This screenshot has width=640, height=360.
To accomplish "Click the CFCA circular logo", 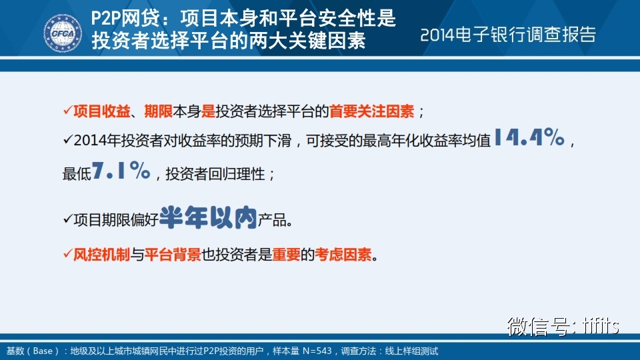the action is [x=63, y=33].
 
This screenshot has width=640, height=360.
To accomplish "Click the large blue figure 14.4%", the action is [x=529, y=137].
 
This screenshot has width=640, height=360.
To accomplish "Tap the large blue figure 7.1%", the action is [x=121, y=170].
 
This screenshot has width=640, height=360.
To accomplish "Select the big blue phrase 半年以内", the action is [x=208, y=217].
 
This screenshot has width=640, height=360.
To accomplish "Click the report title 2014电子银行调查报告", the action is [x=508, y=35].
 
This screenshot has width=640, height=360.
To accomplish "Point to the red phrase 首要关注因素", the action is [x=371, y=111].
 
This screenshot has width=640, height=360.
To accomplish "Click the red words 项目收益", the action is [x=101, y=111].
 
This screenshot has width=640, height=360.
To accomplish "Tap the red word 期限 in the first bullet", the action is [x=159, y=111].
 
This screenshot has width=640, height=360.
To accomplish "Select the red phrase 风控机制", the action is [x=101, y=255].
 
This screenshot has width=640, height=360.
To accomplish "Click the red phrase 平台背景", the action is [x=173, y=255].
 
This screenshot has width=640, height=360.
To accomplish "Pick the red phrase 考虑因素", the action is [x=343, y=255].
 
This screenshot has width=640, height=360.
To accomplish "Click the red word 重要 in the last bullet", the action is [x=286, y=255].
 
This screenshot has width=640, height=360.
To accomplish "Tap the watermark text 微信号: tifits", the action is [x=563, y=326].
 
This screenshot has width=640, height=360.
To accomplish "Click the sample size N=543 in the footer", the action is [x=317, y=351].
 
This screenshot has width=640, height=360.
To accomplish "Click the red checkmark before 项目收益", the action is [x=68, y=110].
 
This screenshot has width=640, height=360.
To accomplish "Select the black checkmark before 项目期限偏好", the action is [x=68, y=219].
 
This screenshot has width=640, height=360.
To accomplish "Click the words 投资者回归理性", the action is [x=215, y=174].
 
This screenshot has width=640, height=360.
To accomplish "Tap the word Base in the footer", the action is [x=43, y=351].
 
